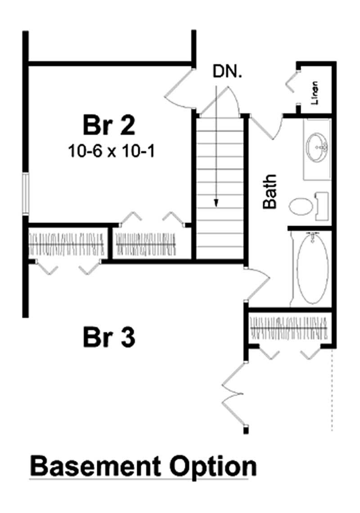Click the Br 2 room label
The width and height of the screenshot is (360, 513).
click(108, 125)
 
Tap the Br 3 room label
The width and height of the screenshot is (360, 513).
click(108, 337)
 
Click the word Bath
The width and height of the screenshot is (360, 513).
click(270, 192)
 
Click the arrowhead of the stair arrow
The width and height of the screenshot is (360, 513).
click(216, 203)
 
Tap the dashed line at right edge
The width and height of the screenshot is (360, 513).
click(332, 391)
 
